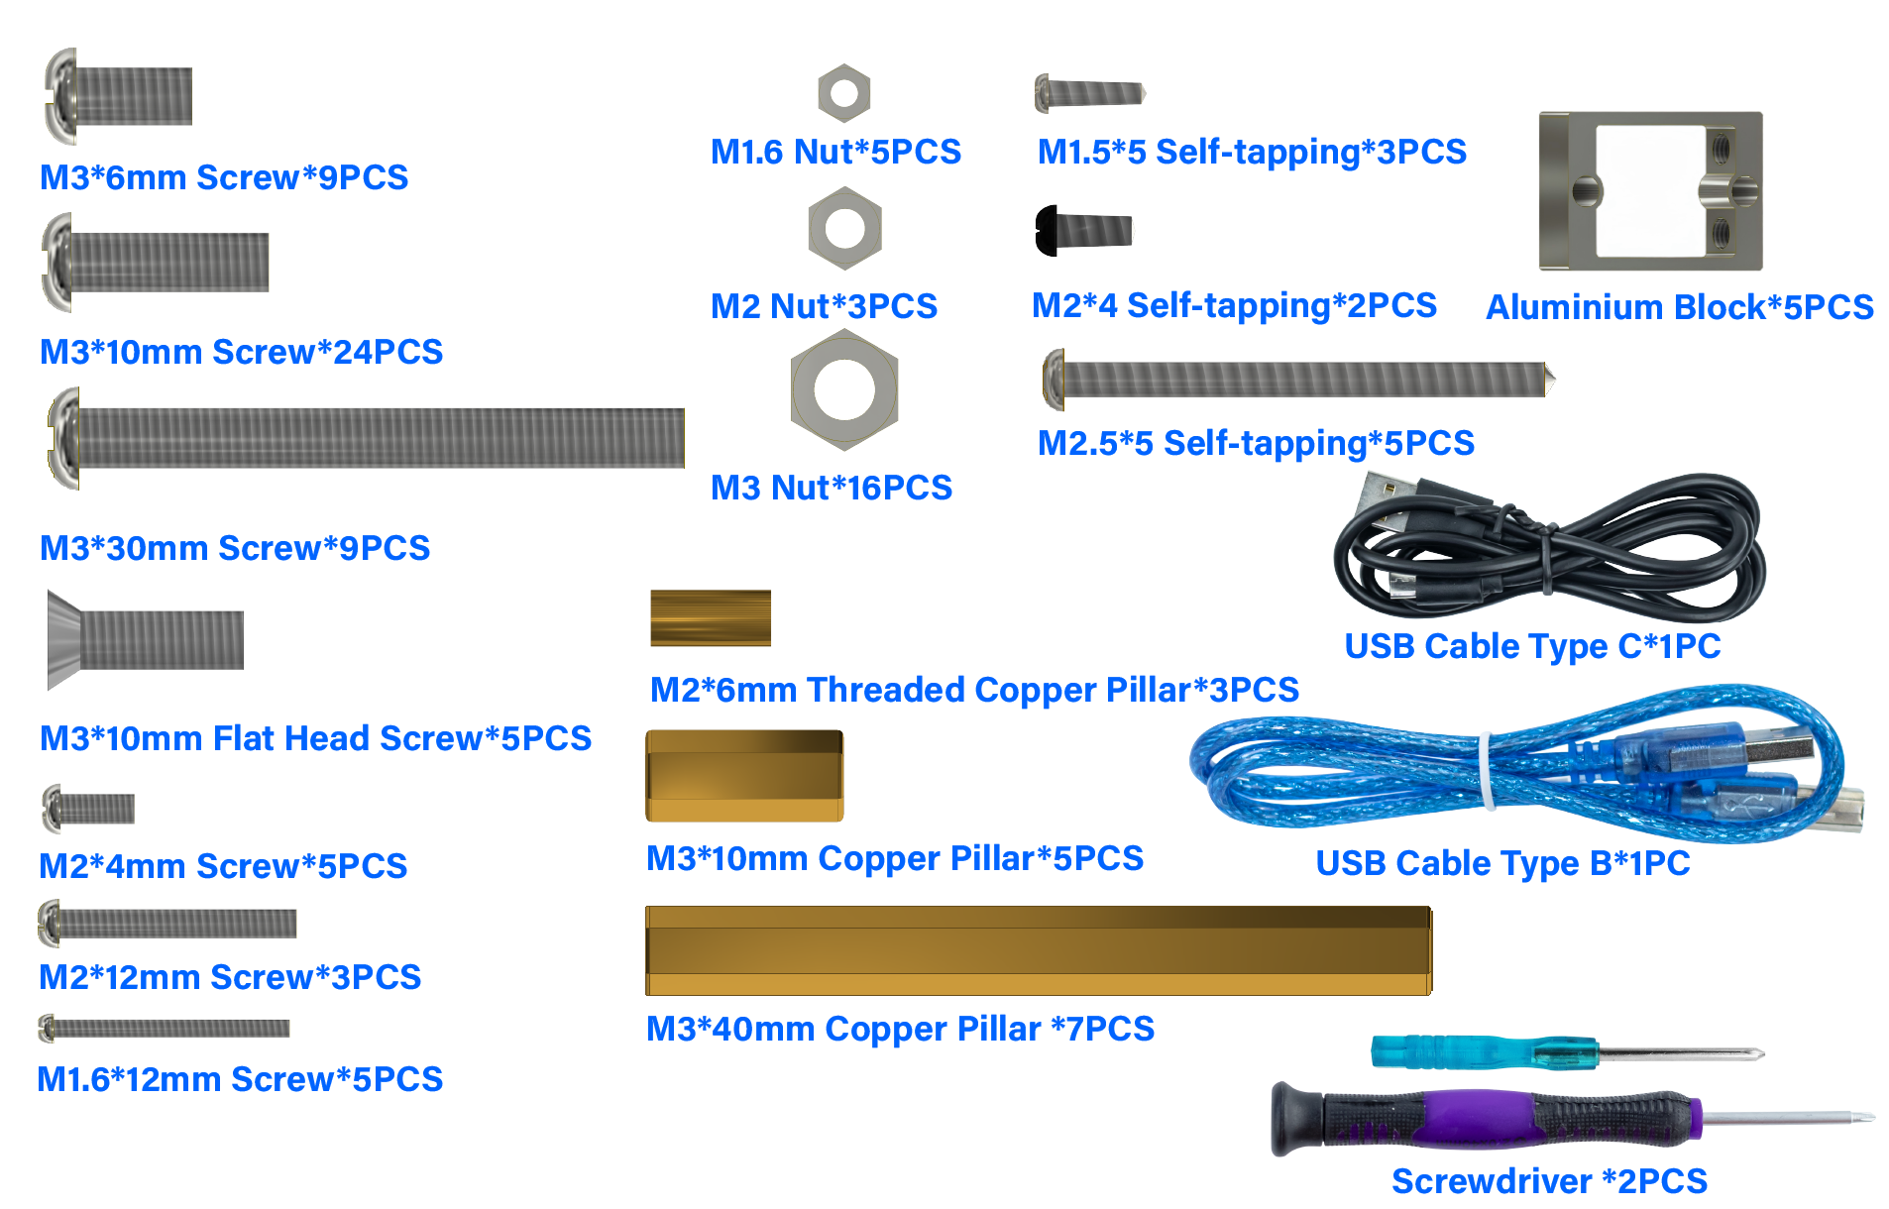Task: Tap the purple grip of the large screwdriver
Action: point(1477,1118)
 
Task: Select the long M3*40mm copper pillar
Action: point(1039,950)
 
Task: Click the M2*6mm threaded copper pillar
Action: point(711,618)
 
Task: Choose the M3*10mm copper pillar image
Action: point(744,776)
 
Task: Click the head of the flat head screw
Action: point(63,640)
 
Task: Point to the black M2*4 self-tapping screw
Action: point(1083,231)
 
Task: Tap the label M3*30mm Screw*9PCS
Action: point(235,548)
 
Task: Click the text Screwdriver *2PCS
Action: point(1549,1181)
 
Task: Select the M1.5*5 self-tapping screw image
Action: point(1090,93)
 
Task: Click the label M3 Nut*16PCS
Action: point(832,488)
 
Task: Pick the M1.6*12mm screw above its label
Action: point(164,1029)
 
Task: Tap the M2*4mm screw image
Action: point(88,809)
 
